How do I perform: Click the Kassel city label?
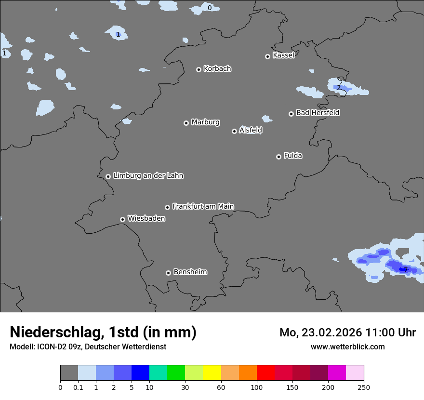click(283, 55)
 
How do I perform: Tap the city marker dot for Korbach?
click(199, 69)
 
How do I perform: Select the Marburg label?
click(205, 122)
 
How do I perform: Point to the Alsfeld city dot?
click(234, 131)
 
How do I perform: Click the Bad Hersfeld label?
click(318, 113)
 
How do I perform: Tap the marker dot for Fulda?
click(278, 157)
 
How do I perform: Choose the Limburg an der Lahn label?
click(148, 176)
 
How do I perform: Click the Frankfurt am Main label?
click(203, 206)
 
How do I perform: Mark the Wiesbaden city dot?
click(122, 219)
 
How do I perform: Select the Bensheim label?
click(190, 272)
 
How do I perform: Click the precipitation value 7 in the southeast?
click(406, 270)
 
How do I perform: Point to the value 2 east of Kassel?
click(339, 88)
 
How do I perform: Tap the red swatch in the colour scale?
click(265, 373)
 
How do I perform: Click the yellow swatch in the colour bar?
click(212, 373)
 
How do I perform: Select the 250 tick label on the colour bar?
click(364, 387)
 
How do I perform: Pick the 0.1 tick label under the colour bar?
click(78, 387)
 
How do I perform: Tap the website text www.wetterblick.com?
click(347, 347)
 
